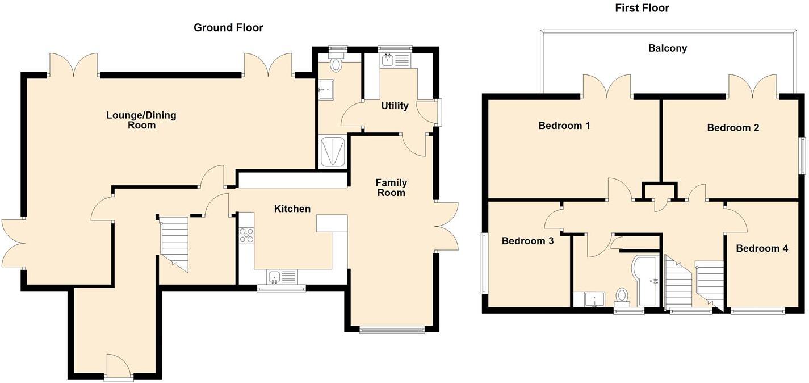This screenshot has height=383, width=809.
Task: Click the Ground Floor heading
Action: [x=228, y=27]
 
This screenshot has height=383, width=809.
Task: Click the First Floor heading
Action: [x=642, y=8]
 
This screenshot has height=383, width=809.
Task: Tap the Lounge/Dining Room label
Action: [x=141, y=120]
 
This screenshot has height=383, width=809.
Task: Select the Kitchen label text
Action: [x=292, y=209]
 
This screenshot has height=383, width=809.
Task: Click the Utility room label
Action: [x=395, y=106]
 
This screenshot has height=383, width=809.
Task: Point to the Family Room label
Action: [x=391, y=188]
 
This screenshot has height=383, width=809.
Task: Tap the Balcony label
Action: [x=668, y=48]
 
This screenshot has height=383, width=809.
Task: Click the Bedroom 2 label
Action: [x=733, y=127]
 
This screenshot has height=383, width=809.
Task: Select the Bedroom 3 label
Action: [x=527, y=241]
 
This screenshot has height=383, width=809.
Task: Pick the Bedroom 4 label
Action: [x=762, y=248]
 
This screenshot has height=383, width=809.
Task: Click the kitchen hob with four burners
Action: [x=247, y=234]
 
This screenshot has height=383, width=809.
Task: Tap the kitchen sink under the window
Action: [x=275, y=277]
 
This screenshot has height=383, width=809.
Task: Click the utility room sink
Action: [x=389, y=60]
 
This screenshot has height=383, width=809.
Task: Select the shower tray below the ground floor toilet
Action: [x=332, y=151]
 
